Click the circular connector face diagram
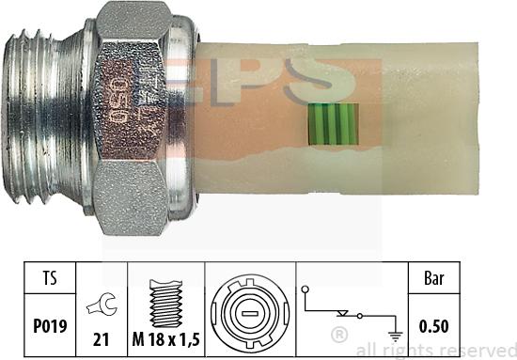tap(248, 310)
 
